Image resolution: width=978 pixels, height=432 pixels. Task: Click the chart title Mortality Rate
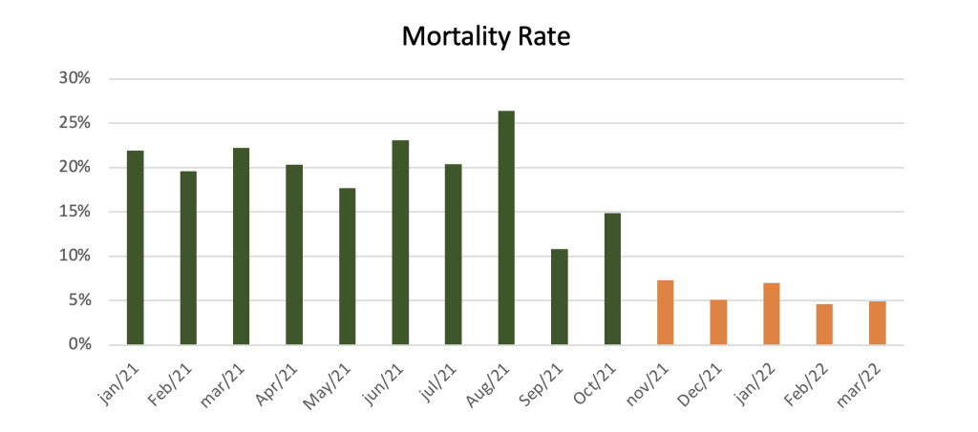[485, 37]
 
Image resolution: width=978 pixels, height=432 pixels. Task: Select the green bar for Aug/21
[506, 228]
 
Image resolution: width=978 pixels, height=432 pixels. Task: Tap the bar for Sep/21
[560, 297]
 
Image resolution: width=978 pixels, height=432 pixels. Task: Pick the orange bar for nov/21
[665, 312]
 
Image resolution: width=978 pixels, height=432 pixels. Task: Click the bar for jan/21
[136, 247]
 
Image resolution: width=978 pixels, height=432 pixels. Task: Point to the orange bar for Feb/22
[823, 324]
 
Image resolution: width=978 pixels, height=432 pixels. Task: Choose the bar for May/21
[348, 266]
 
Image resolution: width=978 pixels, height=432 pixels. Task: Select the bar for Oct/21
[612, 278]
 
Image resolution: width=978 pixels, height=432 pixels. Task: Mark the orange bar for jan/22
[771, 314]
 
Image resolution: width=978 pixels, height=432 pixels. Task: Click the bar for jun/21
[400, 242]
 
